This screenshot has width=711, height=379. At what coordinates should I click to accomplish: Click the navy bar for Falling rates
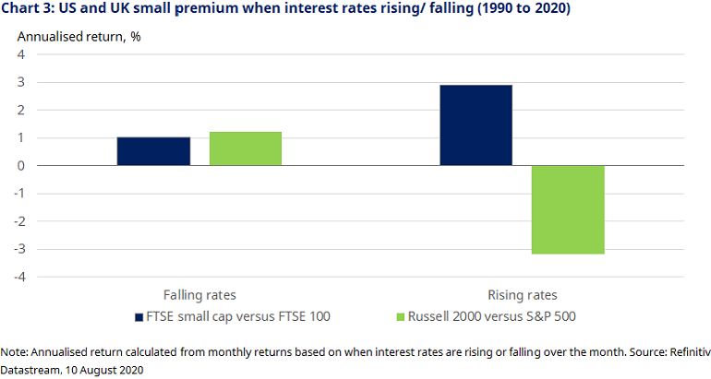[x=153, y=151]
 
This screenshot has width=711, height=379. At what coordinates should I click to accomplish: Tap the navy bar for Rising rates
[x=476, y=125]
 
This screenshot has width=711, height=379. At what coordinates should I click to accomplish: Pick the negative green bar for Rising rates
[x=568, y=209]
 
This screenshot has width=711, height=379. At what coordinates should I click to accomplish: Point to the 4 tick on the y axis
[x=19, y=55]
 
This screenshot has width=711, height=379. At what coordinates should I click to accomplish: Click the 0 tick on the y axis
[x=19, y=166]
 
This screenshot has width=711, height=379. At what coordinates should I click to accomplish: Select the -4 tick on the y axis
[x=17, y=277]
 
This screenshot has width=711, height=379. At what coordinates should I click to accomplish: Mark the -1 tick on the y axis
[x=17, y=194]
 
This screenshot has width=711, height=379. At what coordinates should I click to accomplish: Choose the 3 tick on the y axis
[x=19, y=83]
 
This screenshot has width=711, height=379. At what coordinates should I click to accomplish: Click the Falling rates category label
[x=199, y=295]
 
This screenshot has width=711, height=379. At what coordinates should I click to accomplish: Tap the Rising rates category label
[x=522, y=295]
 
